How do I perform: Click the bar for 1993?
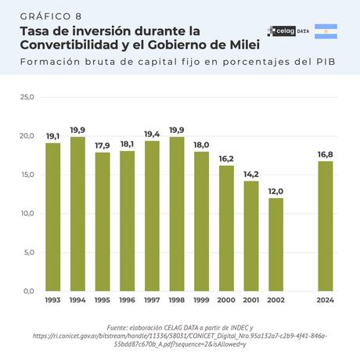52,217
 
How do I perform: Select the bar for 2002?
275,244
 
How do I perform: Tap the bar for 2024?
325,225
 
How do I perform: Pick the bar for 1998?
176,214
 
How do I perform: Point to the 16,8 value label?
325,154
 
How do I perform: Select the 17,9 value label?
102,146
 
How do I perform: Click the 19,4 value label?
152,135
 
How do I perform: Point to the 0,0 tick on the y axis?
28,291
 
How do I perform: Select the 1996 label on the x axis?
127,300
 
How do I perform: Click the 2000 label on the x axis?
226,300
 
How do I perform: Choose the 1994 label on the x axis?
77,300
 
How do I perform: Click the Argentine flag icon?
326,31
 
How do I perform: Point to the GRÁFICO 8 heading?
50,15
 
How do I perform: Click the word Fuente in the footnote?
120,327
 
